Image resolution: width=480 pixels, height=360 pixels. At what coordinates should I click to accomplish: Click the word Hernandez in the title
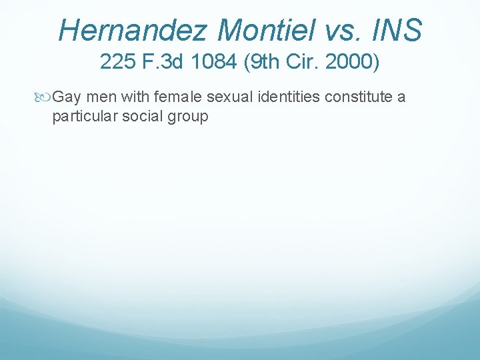pyautogui.click(x=132, y=30)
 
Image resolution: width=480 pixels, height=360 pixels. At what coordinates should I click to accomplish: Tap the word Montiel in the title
pyautogui.click(x=266, y=30)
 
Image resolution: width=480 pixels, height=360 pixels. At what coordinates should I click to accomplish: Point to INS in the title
pyautogui.click(x=397, y=30)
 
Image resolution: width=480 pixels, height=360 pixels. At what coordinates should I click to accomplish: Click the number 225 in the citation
pyautogui.click(x=117, y=61)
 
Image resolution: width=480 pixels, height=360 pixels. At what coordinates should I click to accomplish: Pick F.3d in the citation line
pyautogui.click(x=163, y=61)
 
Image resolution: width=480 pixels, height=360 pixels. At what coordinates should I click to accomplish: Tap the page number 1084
pyautogui.click(x=214, y=61)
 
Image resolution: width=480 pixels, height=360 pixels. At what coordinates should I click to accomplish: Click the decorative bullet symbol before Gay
pyautogui.click(x=42, y=97)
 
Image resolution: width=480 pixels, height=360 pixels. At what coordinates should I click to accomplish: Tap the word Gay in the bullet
pyautogui.click(x=67, y=98)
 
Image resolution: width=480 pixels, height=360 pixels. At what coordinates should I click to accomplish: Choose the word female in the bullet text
pyautogui.click(x=178, y=97)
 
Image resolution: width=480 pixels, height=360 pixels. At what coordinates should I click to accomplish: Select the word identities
pyautogui.click(x=289, y=97)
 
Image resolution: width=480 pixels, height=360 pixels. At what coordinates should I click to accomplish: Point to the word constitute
pyautogui.click(x=359, y=97)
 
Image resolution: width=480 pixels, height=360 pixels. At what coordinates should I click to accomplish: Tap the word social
pyautogui.click(x=143, y=116)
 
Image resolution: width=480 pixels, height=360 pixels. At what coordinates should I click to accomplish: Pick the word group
pyautogui.click(x=188, y=118)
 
